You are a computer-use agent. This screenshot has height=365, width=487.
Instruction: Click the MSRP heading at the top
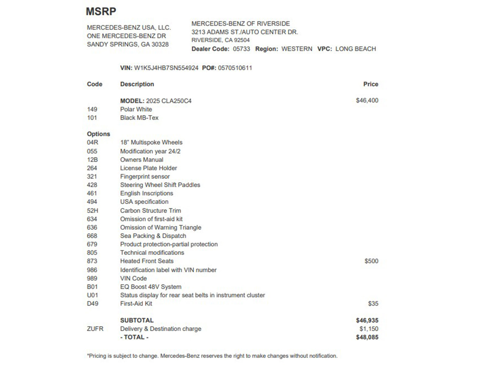tap(101, 12)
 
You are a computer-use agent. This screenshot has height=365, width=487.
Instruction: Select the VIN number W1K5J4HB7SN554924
tap(166, 68)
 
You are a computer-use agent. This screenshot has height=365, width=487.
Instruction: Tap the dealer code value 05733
tap(241, 49)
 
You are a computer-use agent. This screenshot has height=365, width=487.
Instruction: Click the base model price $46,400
tap(367, 101)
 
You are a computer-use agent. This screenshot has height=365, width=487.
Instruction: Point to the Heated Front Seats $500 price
tap(371, 261)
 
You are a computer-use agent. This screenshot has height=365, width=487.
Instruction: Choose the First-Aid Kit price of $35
tap(373, 304)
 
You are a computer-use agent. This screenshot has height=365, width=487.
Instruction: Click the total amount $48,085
tap(367, 337)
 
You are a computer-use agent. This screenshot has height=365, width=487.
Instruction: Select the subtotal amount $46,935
tap(367, 320)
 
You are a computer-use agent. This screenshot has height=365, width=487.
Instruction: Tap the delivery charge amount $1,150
tap(369, 329)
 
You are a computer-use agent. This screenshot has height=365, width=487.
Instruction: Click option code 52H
tap(93, 210)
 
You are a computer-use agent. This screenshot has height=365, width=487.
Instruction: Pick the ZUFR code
tap(95, 329)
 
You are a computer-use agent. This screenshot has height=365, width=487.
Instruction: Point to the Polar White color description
tap(136, 109)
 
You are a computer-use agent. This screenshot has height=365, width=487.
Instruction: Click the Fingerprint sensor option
tap(145, 176)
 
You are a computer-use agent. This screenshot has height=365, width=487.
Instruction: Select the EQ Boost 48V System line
tap(151, 287)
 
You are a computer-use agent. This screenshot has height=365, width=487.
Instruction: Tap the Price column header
tap(370, 84)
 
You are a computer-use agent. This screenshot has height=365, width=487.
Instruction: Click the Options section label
tap(98, 134)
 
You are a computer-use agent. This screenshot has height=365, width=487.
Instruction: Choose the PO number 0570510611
tap(235, 68)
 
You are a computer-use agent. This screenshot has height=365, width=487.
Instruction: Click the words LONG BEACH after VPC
tap(356, 49)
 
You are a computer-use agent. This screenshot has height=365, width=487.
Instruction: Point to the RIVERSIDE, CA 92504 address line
tap(220, 40)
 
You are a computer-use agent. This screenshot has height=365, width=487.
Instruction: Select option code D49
tap(93, 304)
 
